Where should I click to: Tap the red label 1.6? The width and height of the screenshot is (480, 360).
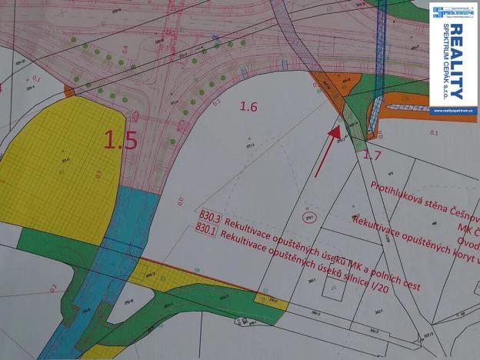coord(248,107)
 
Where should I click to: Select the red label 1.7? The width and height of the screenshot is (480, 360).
coord(372,155)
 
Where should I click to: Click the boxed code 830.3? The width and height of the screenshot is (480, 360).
coord(209,218)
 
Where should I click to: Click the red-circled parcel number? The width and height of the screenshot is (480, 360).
coord(309,218)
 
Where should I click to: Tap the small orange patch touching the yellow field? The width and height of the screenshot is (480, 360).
coord(69,92)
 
